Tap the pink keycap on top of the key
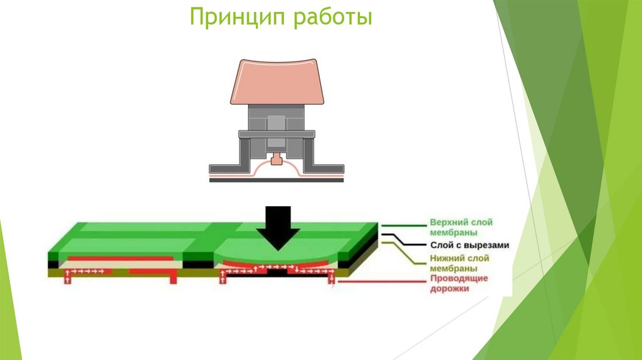point(276,80)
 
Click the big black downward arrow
point(278,225)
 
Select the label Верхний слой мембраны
point(461,227)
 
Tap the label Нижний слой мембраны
point(460,263)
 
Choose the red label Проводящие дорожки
point(459,283)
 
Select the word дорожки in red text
point(449,289)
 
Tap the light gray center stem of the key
point(276,125)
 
